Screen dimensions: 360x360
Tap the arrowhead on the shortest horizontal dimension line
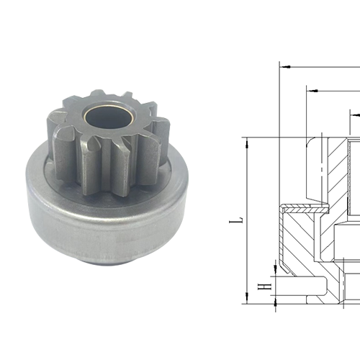click(354, 113)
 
